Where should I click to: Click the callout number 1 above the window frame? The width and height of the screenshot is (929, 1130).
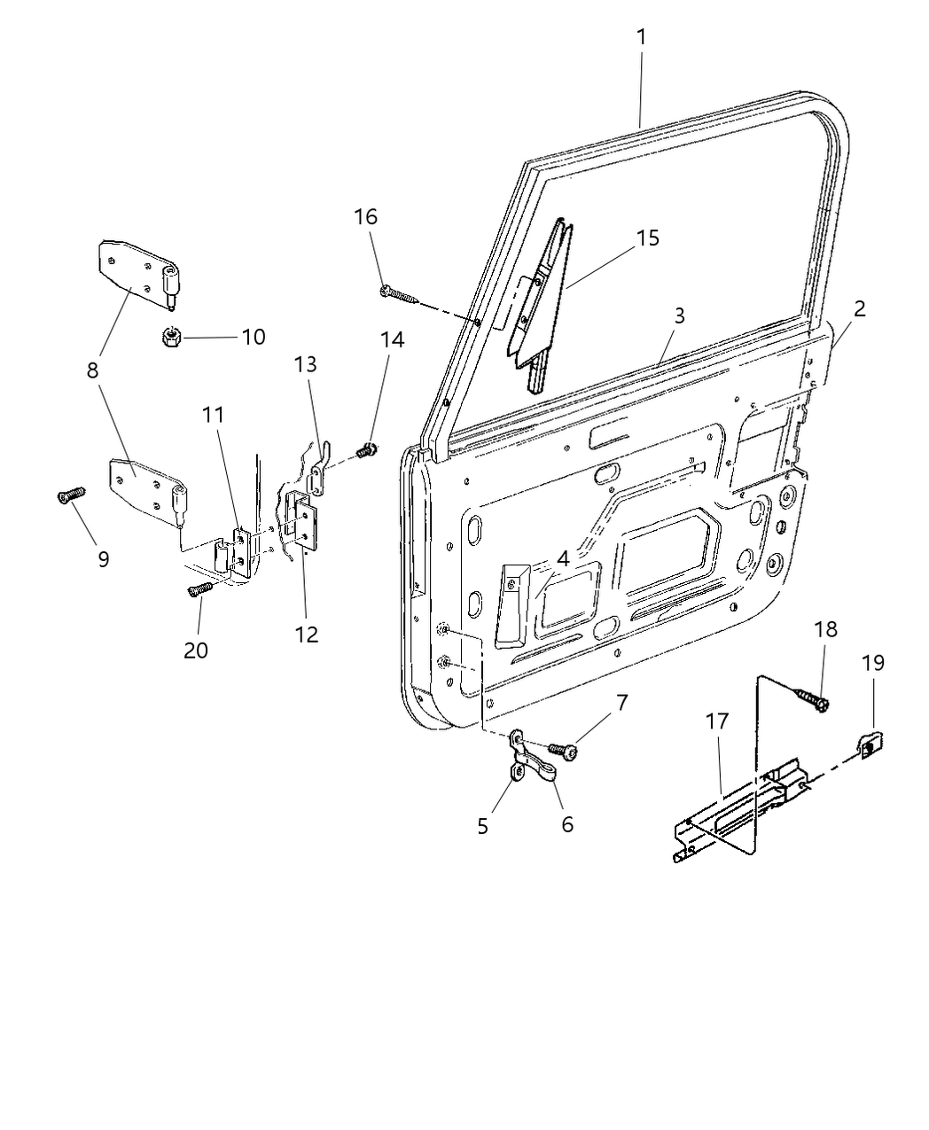(x=640, y=37)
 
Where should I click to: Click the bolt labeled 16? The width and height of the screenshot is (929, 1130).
(x=396, y=292)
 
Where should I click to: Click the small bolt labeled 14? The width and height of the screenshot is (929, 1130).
(x=365, y=451)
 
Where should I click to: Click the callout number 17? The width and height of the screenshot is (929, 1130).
(x=717, y=721)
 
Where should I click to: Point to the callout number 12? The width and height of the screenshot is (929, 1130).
(x=307, y=635)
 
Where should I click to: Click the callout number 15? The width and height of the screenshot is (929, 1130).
(x=647, y=238)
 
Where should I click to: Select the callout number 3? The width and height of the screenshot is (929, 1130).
(x=678, y=316)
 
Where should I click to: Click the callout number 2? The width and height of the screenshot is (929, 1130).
(x=859, y=308)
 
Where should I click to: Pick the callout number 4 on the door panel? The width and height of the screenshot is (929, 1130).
(x=562, y=558)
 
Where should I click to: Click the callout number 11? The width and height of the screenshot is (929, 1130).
(x=213, y=414)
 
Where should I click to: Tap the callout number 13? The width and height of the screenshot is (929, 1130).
(x=306, y=364)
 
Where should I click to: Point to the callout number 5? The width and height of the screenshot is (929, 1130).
(x=483, y=826)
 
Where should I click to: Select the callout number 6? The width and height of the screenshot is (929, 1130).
(x=567, y=824)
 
